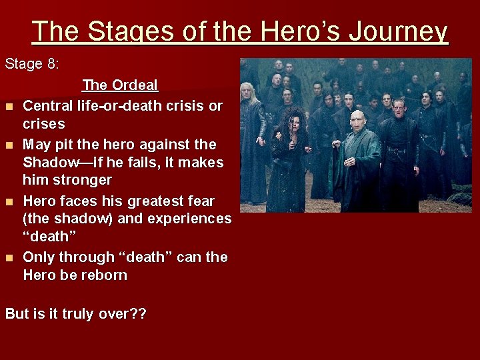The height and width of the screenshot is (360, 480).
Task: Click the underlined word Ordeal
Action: point(135,85)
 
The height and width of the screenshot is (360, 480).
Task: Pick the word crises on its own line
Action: point(43,124)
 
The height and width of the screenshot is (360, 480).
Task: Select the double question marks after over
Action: point(138,313)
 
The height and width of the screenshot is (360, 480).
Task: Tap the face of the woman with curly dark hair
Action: point(294,124)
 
